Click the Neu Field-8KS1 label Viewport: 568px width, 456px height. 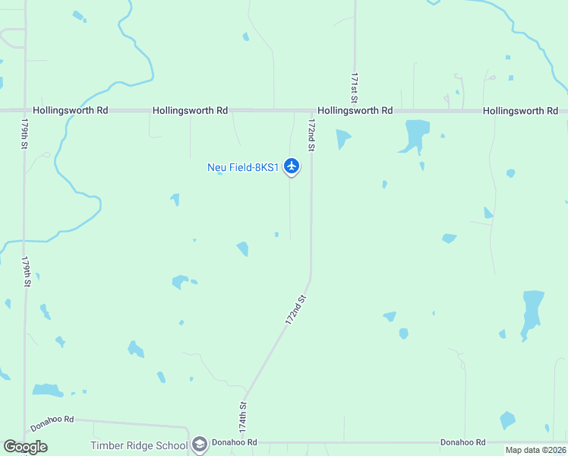(244, 167)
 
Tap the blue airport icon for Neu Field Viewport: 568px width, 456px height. (292, 166)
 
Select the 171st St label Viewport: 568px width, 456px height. (354, 89)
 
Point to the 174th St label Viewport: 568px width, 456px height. (243, 417)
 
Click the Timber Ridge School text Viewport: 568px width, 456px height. (138, 445)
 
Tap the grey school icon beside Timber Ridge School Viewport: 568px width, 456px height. (200, 445)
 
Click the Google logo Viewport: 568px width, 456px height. (26, 446)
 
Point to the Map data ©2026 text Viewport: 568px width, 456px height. (535, 450)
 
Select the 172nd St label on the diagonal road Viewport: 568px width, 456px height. (295, 311)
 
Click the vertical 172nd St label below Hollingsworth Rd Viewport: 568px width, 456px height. (311, 133)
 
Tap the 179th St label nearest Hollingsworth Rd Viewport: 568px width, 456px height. (26, 132)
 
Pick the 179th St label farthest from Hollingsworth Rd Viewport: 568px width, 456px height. (26, 271)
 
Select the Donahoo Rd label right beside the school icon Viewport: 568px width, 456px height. (235, 442)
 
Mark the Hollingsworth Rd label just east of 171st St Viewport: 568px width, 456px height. (355, 110)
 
